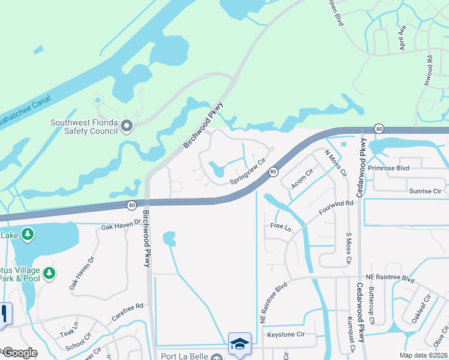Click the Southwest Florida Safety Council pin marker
click(x=126, y=126)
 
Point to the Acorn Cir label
click(x=302, y=179)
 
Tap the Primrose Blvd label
click(x=388, y=169)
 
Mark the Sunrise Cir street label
click(x=425, y=191)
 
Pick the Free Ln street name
click(x=280, y=227)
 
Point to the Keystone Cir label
click(x=286, y=334)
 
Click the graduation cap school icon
click(x=240, y=344)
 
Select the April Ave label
click(x=403, y=38)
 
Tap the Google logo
click(x=19, y=352)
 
